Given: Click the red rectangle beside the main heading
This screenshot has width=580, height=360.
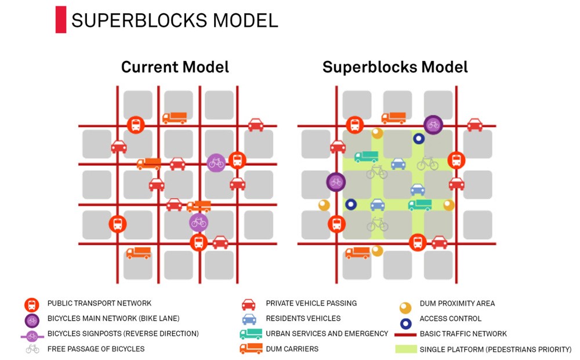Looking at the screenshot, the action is coord(61,20).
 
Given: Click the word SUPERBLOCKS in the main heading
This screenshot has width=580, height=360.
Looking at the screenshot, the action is coord(139,20).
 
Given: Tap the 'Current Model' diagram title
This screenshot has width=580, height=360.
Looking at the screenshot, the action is coord(175,67).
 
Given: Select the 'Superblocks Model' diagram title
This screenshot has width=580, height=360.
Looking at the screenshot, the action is coord(395,67).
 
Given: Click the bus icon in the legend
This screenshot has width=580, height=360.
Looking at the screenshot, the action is coord(32,305).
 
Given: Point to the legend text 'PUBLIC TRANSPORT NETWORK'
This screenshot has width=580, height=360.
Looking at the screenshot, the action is coord(100,303).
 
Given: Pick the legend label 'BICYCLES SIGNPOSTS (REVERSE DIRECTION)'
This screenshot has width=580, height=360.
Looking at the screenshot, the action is coord(123,334).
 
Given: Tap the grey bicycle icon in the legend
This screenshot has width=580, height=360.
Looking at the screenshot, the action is coord(32,349).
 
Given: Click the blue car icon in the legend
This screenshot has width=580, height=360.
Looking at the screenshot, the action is coord(249,319).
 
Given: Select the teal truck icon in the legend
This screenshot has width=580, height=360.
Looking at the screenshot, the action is coord(251,334).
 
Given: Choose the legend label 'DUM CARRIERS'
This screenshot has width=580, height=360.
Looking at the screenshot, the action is coord(292,349).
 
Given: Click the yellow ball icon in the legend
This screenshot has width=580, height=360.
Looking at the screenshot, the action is coord(405,308).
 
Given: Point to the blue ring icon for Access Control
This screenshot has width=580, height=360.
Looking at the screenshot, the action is coord(406,324).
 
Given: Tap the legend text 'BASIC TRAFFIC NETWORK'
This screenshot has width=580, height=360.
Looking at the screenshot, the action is coord(463,334).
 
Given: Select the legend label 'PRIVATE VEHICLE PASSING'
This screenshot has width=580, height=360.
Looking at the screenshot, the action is coord(311,303).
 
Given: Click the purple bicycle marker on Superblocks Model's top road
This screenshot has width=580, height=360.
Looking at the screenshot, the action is coord(433,125).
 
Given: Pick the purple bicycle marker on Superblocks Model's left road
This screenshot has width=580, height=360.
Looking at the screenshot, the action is coord(336,182).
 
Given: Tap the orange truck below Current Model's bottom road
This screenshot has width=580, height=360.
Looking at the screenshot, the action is coord(139,253).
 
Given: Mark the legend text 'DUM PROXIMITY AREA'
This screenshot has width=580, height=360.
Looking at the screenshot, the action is coord(457,303).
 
